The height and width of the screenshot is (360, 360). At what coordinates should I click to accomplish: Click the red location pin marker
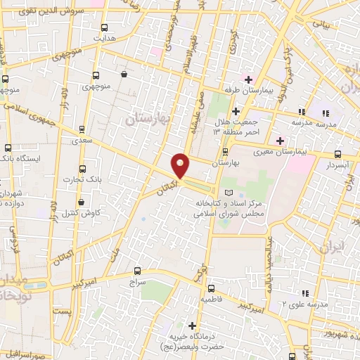coord(181,166)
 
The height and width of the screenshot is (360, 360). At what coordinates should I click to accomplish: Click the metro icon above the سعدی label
coord(82,129)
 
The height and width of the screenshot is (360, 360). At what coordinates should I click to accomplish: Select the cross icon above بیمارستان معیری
coord(280,140)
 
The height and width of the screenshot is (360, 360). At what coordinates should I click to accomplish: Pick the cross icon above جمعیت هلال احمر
coord(236,111)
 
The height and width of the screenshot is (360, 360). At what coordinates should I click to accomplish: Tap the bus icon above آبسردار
coord(337,155)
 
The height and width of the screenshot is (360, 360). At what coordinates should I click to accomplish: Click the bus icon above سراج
coord(136,270)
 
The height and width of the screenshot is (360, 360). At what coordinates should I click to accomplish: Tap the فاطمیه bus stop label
coord(212,299)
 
